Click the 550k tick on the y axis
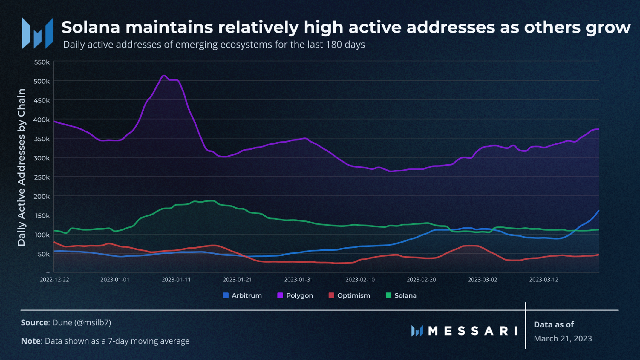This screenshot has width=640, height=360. point(42,62)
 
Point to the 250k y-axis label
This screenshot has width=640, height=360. point(42,177)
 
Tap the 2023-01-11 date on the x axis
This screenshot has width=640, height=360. point(176,280)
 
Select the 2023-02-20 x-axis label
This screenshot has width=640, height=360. point(421,280)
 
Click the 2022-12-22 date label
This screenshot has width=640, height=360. point(54,280)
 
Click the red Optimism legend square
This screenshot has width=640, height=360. point(331,295)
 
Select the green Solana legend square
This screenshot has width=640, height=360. point(388,295)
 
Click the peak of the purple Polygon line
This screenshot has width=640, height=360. point(164,76)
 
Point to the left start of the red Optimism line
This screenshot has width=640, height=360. point(54,242)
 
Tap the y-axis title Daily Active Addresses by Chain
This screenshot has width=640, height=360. point(22,167)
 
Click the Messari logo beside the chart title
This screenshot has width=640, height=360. point(38,33)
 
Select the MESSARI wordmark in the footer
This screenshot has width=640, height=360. point(473,331)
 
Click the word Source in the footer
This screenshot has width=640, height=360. point(34,323)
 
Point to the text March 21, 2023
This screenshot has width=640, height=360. point(563,338)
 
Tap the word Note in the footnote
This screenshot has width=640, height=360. point(30,341)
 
